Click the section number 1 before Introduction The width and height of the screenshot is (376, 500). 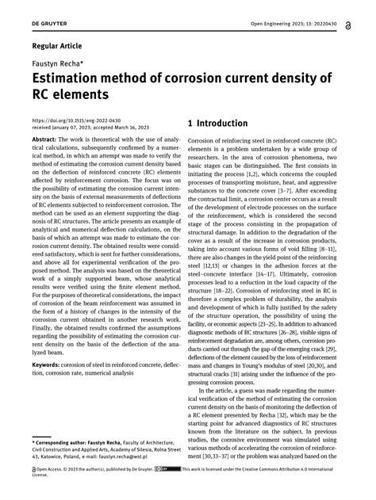(190, 124)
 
